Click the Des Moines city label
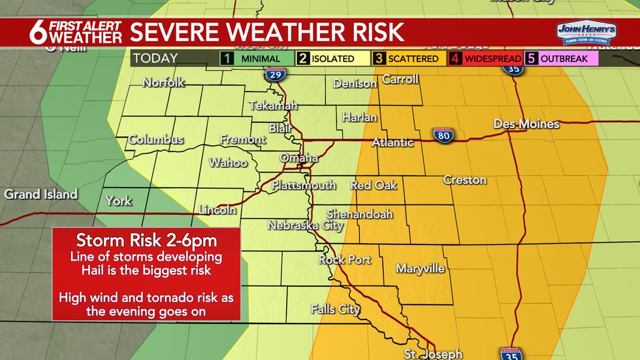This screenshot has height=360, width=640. (526, 124)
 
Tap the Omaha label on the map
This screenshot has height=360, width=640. (298, 158)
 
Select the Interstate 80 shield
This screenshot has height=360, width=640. (441, 135)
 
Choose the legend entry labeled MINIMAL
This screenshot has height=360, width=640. (255, 58)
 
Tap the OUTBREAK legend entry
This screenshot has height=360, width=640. (561, 58)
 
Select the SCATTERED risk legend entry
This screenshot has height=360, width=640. (406, 58)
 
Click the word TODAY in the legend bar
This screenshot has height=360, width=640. (155, 58)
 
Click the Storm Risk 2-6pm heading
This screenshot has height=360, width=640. (146, 239)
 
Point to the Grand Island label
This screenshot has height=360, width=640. (40, 194)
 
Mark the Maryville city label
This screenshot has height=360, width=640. (420, 269)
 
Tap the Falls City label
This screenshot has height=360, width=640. (335, 309)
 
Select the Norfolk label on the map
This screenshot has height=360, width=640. (163, 82)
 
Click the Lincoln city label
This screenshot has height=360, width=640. (217, 210)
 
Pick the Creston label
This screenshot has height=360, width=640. (464, 180)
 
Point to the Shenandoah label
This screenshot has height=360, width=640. (359, 214)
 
